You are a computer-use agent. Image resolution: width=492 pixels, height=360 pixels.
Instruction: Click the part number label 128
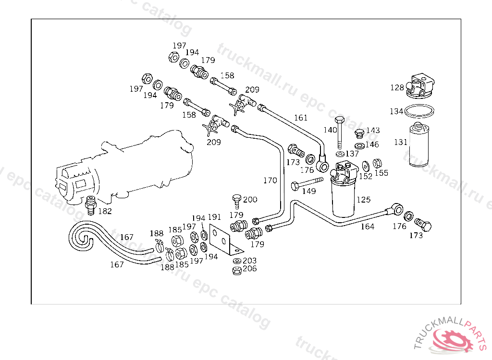point(397,87)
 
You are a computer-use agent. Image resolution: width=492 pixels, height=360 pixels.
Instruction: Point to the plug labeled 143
point(358,133)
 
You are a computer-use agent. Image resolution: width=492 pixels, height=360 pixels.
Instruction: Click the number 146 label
point(371,144)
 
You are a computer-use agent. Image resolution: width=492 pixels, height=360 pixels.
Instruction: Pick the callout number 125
point(363,199)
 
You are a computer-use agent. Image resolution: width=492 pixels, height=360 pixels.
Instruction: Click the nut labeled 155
point(377,164)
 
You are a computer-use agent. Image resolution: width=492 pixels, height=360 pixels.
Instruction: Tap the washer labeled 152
point(366,166)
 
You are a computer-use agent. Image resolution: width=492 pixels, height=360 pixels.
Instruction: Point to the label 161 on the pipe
point(301,117)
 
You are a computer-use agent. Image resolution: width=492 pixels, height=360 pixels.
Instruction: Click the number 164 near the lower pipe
point(367,227)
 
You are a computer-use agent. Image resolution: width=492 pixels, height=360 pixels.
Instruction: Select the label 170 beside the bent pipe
point(270,180)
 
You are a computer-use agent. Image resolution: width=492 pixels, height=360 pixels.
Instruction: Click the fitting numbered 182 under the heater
point(89,205)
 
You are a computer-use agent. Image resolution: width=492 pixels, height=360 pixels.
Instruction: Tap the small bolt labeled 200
point(236,201)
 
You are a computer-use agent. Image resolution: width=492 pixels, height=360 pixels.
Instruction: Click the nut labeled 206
point(236,270)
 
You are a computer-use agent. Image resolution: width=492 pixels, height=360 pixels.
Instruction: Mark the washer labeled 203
point(237,261)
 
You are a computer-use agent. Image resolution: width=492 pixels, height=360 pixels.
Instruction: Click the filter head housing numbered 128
point(419,85)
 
